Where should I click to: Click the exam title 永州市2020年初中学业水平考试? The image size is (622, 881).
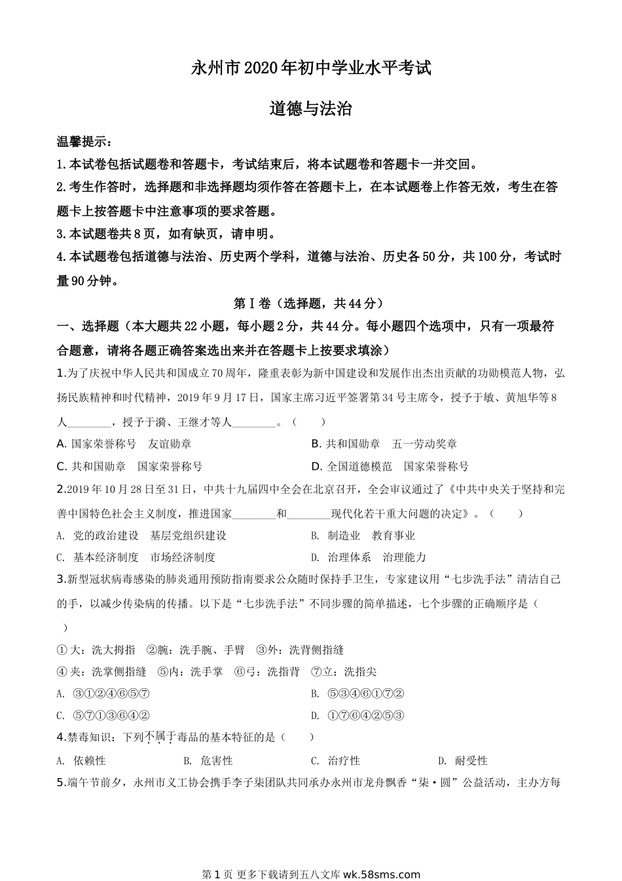tap(311, 68)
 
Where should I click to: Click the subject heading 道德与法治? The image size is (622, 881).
tap(311, 109)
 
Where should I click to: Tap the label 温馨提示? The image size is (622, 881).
tap(84, 142)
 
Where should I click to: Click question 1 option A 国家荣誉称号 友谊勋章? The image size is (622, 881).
tap(124, 444)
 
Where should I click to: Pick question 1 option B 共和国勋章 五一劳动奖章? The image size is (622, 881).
tap(384, 444)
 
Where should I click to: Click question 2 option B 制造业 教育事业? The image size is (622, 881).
tap(363, 536)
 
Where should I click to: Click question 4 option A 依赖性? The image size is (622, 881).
tap(82, 761)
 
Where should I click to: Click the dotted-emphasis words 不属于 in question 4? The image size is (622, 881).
tap(158, 737)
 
